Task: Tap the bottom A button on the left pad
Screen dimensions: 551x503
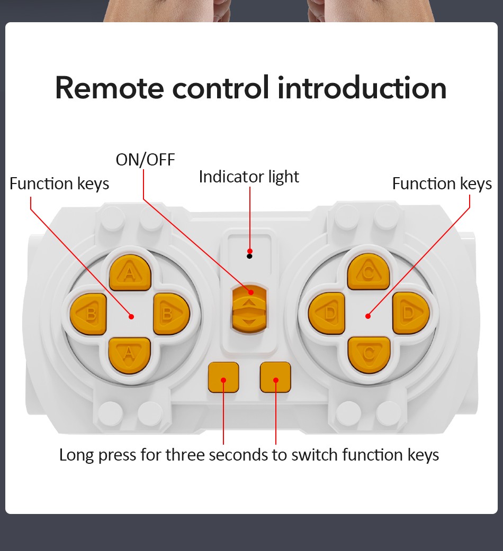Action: (x=130, y=353)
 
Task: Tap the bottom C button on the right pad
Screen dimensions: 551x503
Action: (x=369, y=352)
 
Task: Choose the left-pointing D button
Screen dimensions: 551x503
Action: (x=327, y=313)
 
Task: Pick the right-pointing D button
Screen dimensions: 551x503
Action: (x=410, y=313)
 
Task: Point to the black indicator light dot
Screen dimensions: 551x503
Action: (x=250, y=256)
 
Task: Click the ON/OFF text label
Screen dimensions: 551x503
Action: (x=145, y=159)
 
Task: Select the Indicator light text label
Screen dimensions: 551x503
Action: (x=249, y=177)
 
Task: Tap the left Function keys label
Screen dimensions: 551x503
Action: (x=59, y=183)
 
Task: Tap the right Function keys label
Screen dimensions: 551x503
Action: (x=442, y=183)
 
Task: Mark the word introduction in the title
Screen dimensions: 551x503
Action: (x=362, y=88)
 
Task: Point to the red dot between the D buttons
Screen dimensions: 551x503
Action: (x=368, y=316)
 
